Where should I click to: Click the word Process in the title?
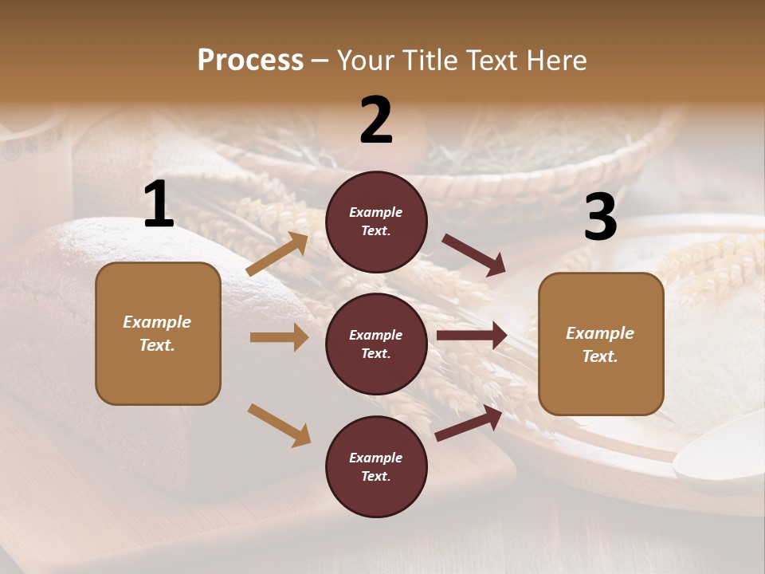(250, 61)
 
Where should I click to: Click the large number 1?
(159, 205)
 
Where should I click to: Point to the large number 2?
(376, 120)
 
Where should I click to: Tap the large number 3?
(600, 218)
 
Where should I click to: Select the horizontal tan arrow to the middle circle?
(279, 337)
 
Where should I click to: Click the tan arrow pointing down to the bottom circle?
(279, 425)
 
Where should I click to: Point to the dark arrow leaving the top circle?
(473, 255)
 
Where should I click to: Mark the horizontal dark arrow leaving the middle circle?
(472, 336)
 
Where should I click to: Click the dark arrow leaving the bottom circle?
(469, 423)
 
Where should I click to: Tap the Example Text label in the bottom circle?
(376, 467)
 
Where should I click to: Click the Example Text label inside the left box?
(158, 333)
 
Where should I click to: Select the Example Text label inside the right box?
(600, 344)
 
